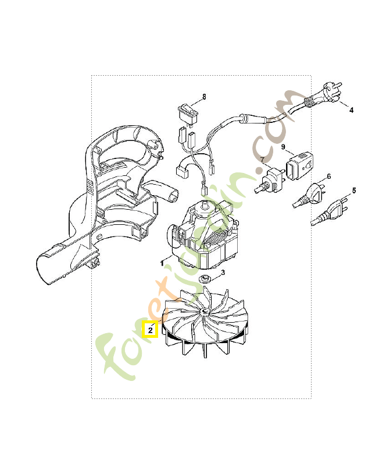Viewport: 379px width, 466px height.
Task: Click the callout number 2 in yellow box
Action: tap(150, 330)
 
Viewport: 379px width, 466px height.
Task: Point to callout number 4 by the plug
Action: tap(351, 109)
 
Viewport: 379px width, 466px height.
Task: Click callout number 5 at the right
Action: tap(354, 190)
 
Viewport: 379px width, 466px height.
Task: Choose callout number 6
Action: tap(329, 176)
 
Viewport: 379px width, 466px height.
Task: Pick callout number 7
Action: tap(262, 159)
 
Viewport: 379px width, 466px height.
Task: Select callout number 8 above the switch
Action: tap(204, 95)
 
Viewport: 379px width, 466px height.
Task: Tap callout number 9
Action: tap(284, 147)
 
